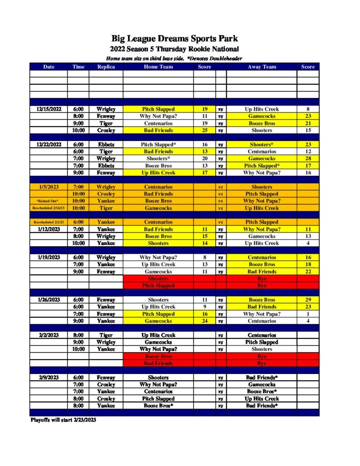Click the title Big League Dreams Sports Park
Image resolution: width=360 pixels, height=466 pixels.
pos(175,39)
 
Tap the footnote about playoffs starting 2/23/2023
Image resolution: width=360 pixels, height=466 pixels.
pos(63,420)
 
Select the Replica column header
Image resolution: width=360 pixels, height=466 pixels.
pos(106,67)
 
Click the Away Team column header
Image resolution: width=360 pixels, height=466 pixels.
pos(262,67)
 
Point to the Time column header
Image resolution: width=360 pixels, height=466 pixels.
pos(78,67)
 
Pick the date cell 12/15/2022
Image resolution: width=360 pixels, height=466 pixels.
pos(49,109)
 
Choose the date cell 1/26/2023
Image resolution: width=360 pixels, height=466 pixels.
pos(49,300)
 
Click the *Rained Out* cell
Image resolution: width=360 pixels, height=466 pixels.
pos(49,201)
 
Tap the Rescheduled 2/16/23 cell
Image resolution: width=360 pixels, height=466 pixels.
pos(49,208)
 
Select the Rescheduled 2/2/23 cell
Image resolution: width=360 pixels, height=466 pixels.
pos(49,222)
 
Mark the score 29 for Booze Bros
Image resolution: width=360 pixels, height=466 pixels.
pos(308,300)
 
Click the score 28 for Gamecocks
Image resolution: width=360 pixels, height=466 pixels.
pos(308,159)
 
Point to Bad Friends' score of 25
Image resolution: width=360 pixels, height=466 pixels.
pos(204,131)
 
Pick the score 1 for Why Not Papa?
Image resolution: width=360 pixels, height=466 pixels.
pos(308,314)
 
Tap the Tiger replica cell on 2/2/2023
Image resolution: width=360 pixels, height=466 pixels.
pos(106,335)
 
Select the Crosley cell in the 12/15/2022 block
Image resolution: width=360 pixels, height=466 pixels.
pos(106,131)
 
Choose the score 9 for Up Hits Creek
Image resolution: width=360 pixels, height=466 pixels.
pos(204,307)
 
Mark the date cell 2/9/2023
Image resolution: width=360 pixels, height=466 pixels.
pos(49,378)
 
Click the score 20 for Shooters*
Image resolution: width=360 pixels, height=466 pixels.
pos(204,159)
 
